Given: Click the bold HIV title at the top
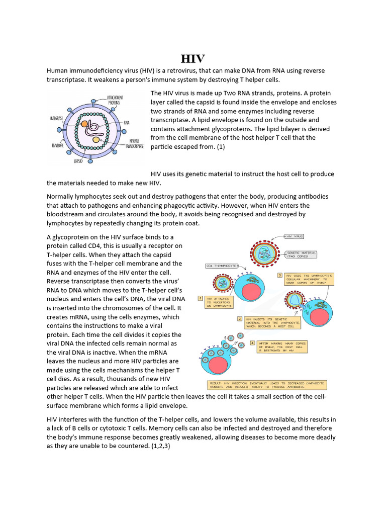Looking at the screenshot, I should click(193, 58).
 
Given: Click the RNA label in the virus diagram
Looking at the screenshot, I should click(127, 122).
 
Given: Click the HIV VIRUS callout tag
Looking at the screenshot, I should click(295, 235).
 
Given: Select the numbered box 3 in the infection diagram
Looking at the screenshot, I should click(280, 276).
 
